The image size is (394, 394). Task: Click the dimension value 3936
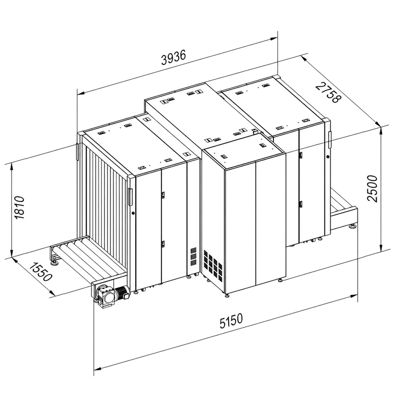coord(174,58)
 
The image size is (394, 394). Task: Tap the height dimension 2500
coord(372,188)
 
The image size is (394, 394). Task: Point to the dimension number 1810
coord(19,208)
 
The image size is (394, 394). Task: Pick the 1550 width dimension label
coord(41,272)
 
